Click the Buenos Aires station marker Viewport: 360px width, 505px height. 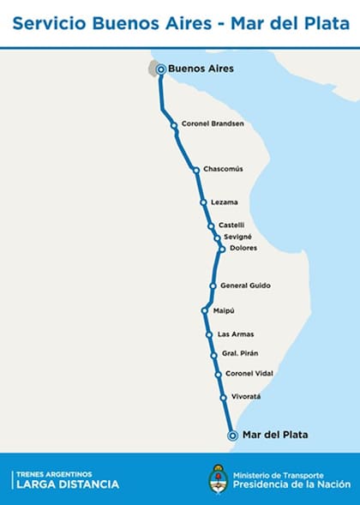pyautogui.click(x=160, y=69)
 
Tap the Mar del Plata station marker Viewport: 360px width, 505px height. pyautogui.click(x=232, y=436)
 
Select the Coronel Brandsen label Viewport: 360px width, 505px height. pyautogui.click(x=213, y=123)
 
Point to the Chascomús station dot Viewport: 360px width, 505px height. pyautogui.click(x=196, y=170)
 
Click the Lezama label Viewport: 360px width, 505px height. pyautogui.click(x=224, y=202)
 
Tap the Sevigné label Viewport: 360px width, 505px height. pyautogui.click(x=238, y=236)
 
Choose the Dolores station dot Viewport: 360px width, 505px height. pyautogui.click(x=221, y=249)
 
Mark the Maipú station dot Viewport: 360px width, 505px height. pyautogui.click(x=205, y=310)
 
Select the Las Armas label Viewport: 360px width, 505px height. pyautogui.click(x=236, y=334)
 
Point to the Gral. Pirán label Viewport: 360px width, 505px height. pyautogui.click(x=240, y=353)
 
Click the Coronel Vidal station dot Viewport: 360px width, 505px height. pyautogui.click(x=218, y=375)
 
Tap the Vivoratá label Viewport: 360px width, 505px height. pyautogui.click(x=245, y=397)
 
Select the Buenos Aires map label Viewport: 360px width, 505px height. pyautogui.click(x=201, y=69)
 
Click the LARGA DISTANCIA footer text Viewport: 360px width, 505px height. pyautogui.click(x=67, y=484)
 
